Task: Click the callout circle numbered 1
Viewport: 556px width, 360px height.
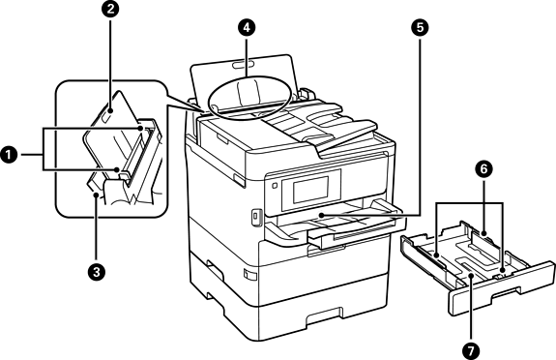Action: pyautogui.click(x=8, y=155)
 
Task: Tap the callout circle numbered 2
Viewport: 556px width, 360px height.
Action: pyautogui.click(x=110, y=10)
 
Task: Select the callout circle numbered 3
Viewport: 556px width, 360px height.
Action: pyautogui.click(x=96, y=273)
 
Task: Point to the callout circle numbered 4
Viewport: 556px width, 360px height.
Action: pyautogui.click(x=247, y=28)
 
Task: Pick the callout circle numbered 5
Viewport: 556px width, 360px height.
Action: pyautogui.click(x=420, y=28)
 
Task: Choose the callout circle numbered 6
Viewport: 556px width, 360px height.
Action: pyautogui.click(x=484, y=170)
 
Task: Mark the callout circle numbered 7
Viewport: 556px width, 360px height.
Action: pyautogui.click(x=471, y=351)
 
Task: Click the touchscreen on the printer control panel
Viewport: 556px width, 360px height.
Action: pyautogui.click(x=310, y=190)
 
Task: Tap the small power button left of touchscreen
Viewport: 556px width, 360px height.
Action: pyautogui.click(x=274, y=186)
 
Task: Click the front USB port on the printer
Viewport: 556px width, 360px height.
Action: pyautogui.click(x=255, y=216)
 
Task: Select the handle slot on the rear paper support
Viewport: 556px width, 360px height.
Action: pyautogui.click(x=243, y=65)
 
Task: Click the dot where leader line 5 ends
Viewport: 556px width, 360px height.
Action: pyautogui.click(x=321, y=216)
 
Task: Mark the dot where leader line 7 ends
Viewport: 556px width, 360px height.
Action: pyautogui.click(x=471, y=276)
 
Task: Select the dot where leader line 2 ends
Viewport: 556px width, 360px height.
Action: pyautogui.click(x=110, y=110)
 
